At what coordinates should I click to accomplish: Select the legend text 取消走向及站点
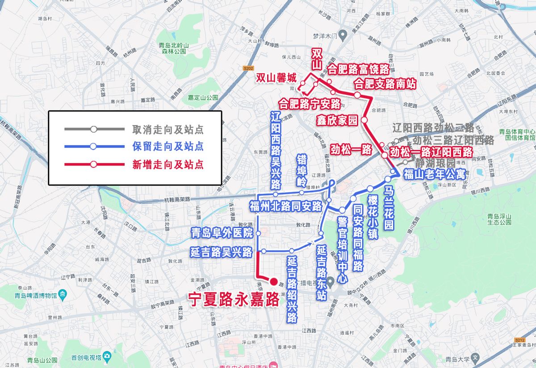point(168,130)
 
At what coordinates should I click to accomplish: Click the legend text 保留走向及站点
point(168,147)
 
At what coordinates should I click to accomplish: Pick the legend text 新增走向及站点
point(168,164)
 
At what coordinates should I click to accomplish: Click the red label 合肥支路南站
point(385,84)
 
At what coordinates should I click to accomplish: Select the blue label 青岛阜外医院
point(222,233)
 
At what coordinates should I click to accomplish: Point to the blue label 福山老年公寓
point(434,174)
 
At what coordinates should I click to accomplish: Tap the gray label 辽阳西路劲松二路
point(433,128)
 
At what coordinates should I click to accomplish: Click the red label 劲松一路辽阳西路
point(431,152)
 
